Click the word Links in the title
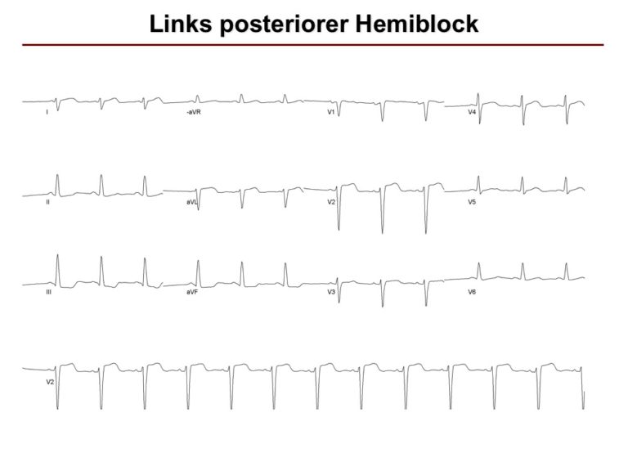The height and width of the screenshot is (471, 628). tap(181, 24)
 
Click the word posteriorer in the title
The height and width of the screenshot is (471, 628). tap(284, 25)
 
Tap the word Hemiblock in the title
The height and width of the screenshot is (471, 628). tap(417, 24)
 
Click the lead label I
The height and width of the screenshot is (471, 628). tap(47, 112)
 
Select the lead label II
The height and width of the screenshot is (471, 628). tap(47, 202)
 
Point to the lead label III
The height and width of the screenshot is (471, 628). tap(48, 292)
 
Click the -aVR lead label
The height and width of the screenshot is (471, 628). tap(194, 112)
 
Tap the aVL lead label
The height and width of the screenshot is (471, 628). tap(192, 202)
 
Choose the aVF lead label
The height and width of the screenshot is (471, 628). tap(192, 292)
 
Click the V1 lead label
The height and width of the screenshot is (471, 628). tap(331, 112)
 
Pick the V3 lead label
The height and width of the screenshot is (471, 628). tap(331, 292)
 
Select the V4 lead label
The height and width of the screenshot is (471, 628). tap(472, 112)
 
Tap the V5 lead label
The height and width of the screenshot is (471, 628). tap(472, 202)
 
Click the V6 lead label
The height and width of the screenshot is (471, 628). tap(472, 292)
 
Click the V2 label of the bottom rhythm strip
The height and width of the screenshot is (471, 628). tap(50, 382)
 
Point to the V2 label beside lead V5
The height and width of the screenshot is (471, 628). tap(331, 202)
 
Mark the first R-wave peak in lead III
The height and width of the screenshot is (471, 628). tap(58, 255)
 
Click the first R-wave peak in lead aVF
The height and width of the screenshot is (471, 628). tap(198, 261)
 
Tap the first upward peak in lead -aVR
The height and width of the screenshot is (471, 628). tap(197, 96)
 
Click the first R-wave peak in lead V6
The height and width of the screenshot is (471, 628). tap(479, 263)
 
